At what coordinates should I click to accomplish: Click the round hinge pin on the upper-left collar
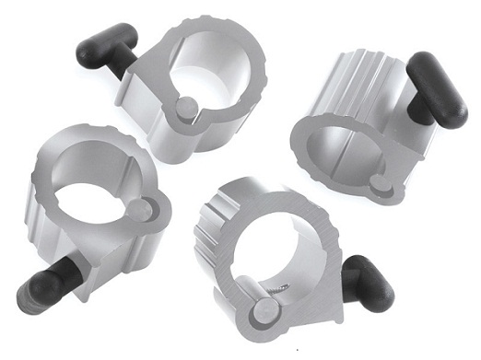tap(186, 110)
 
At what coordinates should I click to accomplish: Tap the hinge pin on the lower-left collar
tap(140, 210)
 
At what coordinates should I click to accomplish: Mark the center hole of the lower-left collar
tap(88, 198)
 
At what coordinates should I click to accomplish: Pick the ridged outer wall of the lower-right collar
tap(208, 239)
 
